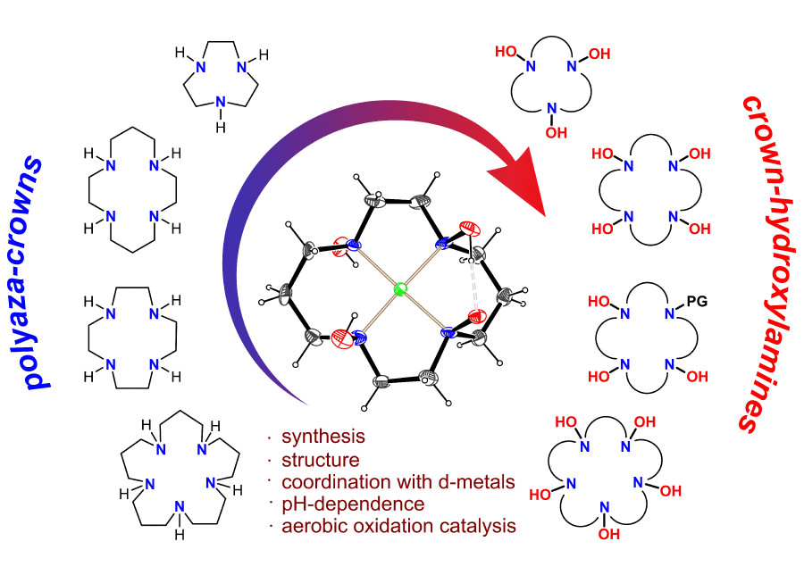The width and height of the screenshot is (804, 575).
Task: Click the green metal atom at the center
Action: click(399, 289)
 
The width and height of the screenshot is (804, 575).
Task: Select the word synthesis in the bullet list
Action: click(322, 437)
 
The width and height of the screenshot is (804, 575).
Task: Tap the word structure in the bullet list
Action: click(320, 460)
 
